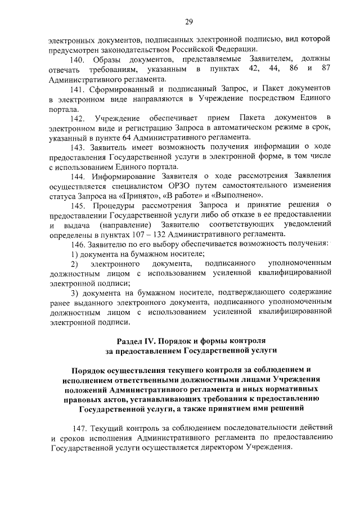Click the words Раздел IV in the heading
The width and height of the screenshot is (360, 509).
click(x=137, y=342)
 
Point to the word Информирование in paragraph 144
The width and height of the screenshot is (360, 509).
click(x=124, y=175)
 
